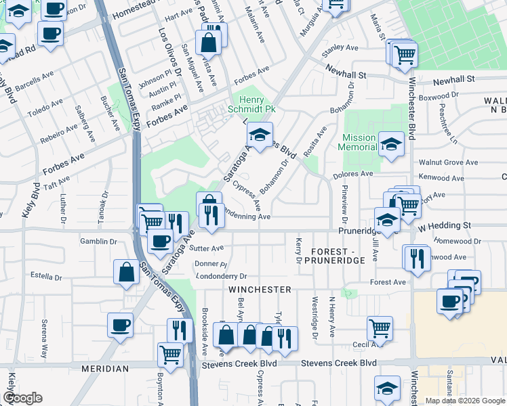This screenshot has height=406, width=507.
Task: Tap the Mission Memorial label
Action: tap(359, 142)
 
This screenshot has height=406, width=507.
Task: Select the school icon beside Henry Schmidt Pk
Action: tap(259, 133)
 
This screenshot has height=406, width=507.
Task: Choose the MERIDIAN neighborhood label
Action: tap(105, 369)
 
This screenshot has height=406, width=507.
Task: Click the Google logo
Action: tap(23, 398)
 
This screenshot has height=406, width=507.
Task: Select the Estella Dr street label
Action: tap(47, 277)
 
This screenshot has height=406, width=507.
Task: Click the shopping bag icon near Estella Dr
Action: tap(126, 272)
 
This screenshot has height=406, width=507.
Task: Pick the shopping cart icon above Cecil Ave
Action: tap(380, 329)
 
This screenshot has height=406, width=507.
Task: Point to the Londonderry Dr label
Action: tap(222, 276)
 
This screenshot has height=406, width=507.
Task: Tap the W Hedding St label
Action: tap(445, 225)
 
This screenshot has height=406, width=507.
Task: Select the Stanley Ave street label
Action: tap(340, 48)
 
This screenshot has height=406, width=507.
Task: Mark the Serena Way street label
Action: tap(45, 338)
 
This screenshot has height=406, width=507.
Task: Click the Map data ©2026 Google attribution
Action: tap(464, 401)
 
